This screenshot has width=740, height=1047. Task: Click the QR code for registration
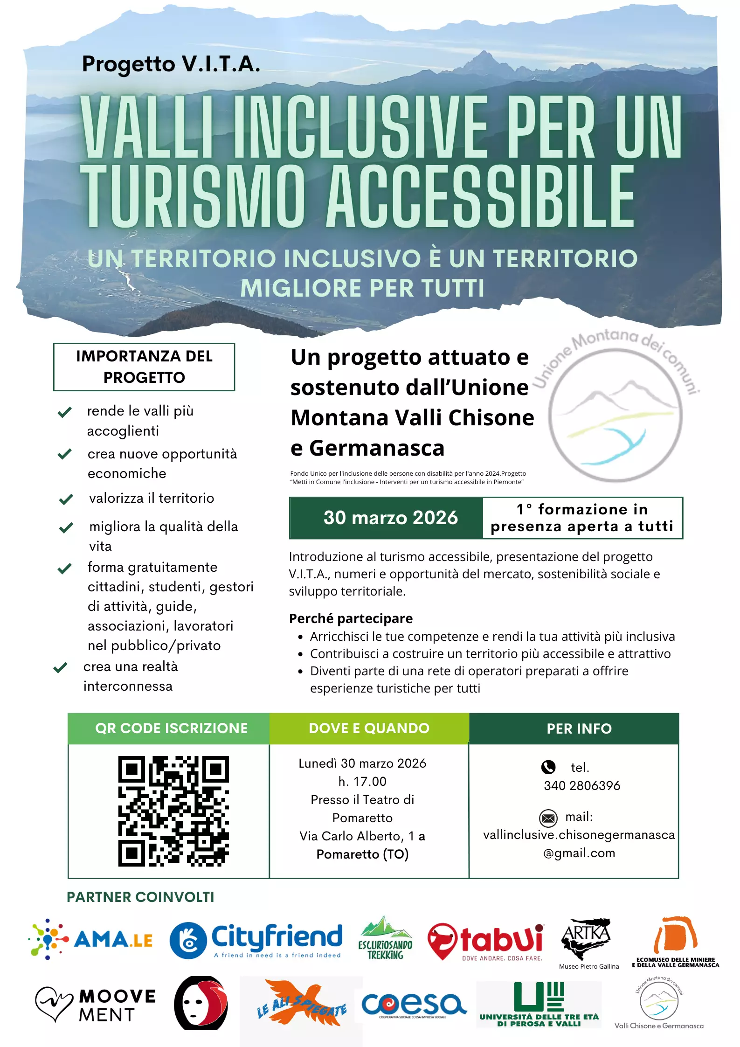[173, 811]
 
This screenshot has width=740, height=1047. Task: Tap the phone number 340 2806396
[582, 786]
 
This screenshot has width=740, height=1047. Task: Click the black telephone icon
[548, 767]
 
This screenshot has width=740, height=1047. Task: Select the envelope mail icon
[548, 818]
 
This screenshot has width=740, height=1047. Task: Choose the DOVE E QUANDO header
[369, 728]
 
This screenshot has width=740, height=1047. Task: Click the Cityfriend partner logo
[256, 940]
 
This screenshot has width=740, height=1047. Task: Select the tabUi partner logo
[486, 941]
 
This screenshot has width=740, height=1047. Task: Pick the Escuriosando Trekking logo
[385, 938]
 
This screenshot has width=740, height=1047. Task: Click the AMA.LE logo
[90, 939]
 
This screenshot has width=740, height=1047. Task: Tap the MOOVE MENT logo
[96, 1005]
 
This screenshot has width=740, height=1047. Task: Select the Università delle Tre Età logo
[539, 1004]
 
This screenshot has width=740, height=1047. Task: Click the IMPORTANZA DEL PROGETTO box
[144, 367]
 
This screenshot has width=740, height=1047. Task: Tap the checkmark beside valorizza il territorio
[66, 499]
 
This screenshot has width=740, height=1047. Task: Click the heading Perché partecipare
[351, 618]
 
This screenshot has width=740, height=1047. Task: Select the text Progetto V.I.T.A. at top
[171, 64]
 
